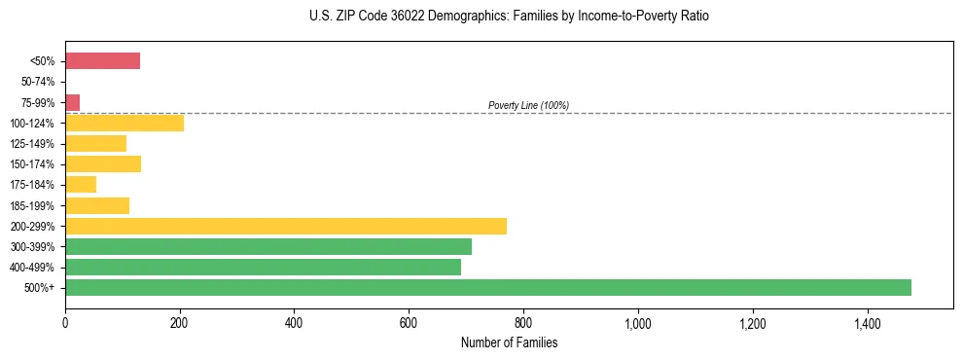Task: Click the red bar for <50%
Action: pos(102,61)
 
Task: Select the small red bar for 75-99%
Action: pos(72,102)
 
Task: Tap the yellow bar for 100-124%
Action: pos(125,123)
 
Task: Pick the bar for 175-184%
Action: pos(81,184)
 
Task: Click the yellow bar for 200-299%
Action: pos(286,226)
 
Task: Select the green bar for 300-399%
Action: pos(268,246)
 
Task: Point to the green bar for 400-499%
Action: pos(263,267)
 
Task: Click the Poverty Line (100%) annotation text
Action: pos(528,105)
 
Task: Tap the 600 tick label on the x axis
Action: pos(409,320)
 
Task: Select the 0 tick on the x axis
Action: pos(65,320)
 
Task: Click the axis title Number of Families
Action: pos(509,342)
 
